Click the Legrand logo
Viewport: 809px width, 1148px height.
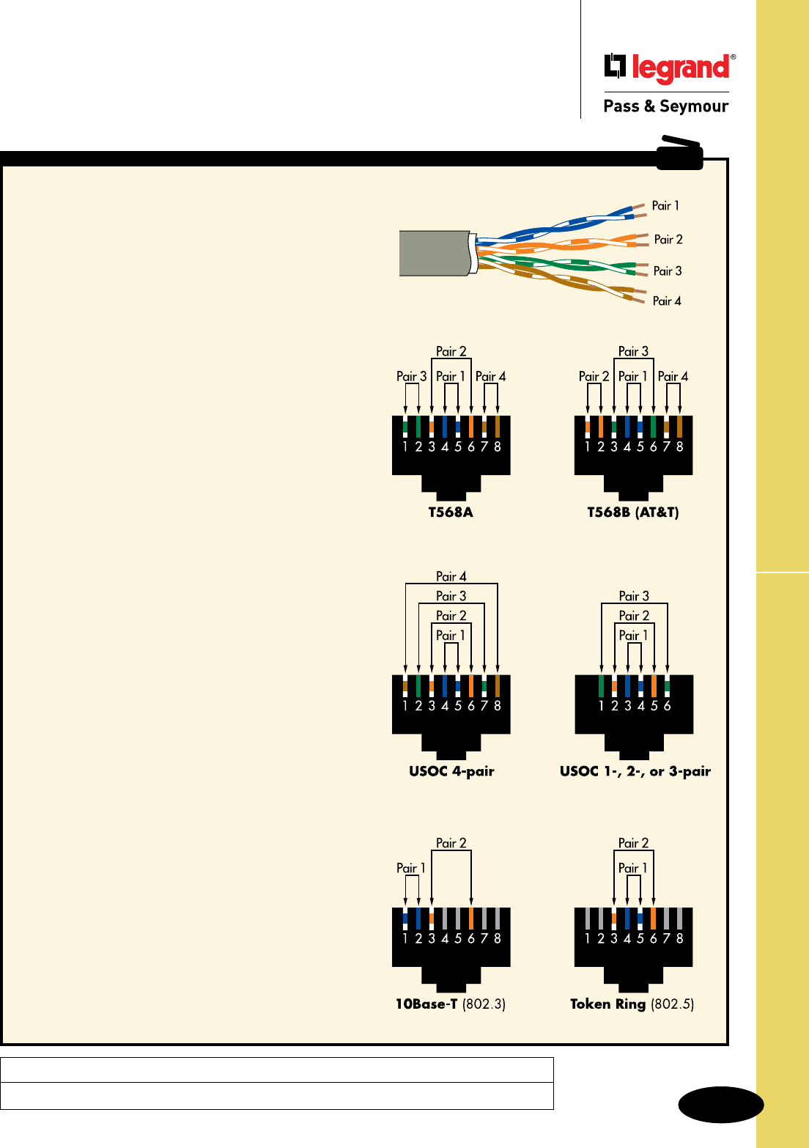(669, 67)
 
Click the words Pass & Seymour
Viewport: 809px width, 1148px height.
(665, 106)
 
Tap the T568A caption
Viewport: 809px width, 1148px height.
(451, 512)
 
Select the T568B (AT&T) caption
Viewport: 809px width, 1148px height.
(633, 512)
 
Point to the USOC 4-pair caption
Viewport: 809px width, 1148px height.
(451, 771)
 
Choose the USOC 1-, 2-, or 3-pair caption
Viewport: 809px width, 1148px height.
(635, 771)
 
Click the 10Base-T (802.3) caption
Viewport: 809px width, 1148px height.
(451, 1004)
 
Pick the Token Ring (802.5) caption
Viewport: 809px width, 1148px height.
(632, 1004)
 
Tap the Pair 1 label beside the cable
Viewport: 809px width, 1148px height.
(665, 206)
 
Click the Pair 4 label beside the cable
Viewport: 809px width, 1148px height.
(667, 301)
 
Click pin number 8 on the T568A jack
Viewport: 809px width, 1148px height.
(498, 446)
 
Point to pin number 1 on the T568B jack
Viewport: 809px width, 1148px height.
(588, 446)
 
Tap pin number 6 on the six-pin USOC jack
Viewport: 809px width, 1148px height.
(668, 706)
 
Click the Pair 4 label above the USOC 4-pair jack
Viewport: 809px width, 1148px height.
(451, 577)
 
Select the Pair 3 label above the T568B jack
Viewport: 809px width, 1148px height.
(633, 352)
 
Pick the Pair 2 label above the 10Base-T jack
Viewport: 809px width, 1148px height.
(451, 844)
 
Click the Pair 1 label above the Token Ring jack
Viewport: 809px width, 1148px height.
(633, 869)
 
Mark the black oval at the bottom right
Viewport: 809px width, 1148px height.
(721, 1105)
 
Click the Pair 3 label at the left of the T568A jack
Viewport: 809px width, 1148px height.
(411, 377)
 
